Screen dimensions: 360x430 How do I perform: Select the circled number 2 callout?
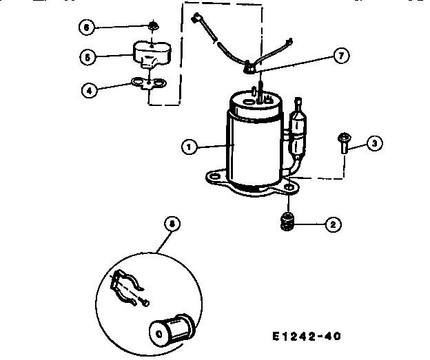pos(332,224)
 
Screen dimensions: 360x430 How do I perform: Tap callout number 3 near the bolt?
pos(373,143)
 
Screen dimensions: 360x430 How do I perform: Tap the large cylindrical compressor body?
pos(251,145)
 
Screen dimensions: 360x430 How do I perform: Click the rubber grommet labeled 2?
pos(289,222)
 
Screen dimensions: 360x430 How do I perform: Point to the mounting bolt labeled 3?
pos(343,143)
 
